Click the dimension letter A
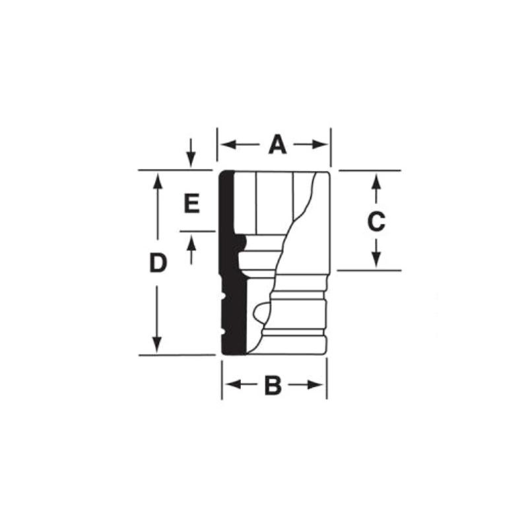pos(277,144)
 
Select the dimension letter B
pos(273,385)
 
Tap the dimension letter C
pos(376,222)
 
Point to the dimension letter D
pos(156,263)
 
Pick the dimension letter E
pos(191,204)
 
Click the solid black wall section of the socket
pos(227,264)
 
